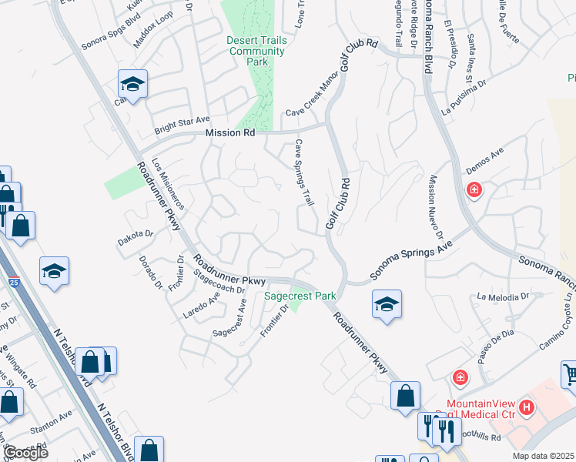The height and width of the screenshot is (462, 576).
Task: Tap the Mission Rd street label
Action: pos(229,133)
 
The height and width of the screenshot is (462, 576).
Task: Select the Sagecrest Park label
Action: pos(300,296)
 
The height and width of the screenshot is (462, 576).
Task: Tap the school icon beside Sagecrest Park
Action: pos(387,303)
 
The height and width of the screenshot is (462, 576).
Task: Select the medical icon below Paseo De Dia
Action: pos(460,377)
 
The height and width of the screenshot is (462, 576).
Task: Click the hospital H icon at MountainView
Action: pos(527,407)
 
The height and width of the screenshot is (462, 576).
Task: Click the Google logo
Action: pos(25,452)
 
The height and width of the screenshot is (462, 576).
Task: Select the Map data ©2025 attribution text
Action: pos(544,456)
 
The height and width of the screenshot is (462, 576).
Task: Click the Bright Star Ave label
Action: pos(182,121)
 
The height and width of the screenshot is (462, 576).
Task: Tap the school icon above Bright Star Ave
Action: pos(132,83)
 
